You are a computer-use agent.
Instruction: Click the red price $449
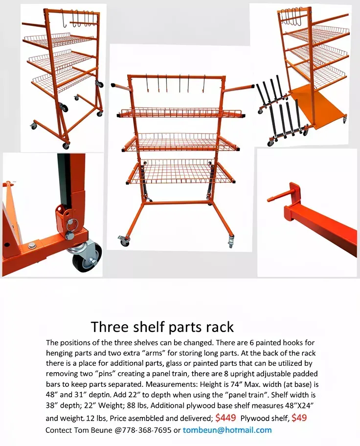coord(225,418)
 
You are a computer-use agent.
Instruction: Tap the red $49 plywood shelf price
coord(299,418)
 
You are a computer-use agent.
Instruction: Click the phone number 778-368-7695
coord(146,430)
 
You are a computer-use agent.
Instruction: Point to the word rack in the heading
coord(219,326)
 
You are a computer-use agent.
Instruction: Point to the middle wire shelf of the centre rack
coord(180,142)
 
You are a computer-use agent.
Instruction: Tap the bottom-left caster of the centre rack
coord(124,241)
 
